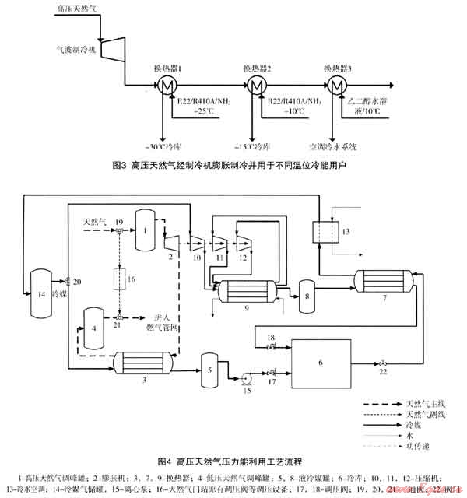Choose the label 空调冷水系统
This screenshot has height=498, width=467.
[x=332, y=146]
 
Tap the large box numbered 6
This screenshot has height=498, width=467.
[x=321, y=363]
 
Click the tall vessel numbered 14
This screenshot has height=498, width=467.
[x=37, y=293]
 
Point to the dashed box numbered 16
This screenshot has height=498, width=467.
[x=121, y=279]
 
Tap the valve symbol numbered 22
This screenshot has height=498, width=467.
[x=381, y=363]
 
